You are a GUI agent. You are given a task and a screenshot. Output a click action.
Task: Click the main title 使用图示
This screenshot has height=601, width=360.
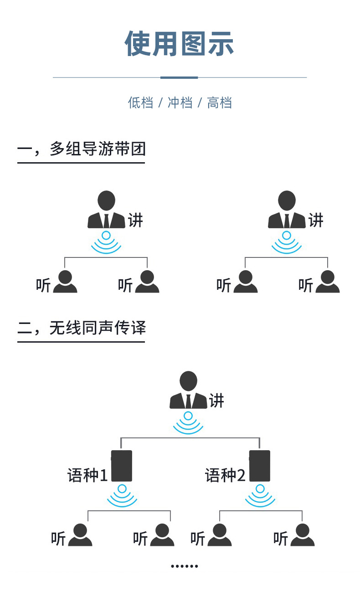(180, 44)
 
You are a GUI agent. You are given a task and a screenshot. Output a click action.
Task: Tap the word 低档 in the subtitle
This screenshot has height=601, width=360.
(140, 103)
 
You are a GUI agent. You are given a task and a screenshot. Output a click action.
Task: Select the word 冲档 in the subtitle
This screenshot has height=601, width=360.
(180, 103)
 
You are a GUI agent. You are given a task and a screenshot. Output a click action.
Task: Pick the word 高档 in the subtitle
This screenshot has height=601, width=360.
(220, 103)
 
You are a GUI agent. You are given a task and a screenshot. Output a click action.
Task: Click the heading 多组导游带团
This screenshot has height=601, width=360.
(98, 149)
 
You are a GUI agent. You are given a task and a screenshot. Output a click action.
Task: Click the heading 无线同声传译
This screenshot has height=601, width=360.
(98, 328)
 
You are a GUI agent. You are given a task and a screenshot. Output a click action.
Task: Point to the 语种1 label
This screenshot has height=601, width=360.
(87, 475)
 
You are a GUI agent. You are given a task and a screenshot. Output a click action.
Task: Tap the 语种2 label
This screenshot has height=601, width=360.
(225, 475)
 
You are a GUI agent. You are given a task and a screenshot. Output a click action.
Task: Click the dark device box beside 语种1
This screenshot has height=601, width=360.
(122, 466)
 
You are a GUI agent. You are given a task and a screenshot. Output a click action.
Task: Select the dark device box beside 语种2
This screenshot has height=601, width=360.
(260, 466)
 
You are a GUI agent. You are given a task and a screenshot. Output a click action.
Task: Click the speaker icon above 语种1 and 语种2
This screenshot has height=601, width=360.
(188, 390)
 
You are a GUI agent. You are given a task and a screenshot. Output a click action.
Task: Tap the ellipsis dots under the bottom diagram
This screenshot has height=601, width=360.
(185, 566)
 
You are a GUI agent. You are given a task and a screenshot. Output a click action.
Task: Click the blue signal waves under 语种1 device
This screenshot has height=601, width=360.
(122, 496)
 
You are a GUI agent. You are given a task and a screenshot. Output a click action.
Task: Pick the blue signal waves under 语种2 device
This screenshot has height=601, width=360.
(260, 496)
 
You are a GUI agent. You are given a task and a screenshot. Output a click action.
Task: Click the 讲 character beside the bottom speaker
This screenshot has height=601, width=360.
(217, 401)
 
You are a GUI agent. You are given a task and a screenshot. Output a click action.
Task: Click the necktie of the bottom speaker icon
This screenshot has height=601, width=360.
(188, 401)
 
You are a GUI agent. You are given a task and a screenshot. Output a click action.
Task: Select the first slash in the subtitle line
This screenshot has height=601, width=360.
(160, 103)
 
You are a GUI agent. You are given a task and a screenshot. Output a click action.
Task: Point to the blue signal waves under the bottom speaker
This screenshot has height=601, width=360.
(188, 423)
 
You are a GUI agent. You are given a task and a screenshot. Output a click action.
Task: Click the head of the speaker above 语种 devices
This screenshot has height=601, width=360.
(188, 380)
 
